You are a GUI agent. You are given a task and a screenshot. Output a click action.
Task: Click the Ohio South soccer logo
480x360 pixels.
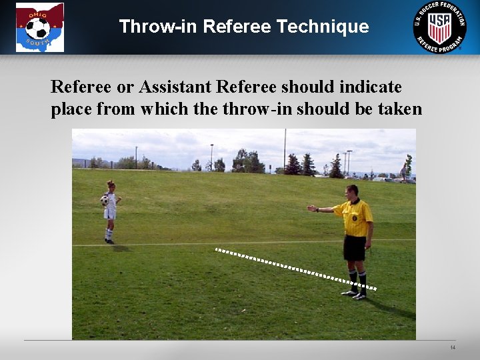tap(40, 27)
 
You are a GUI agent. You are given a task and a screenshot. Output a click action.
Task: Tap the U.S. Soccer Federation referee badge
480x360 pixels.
tap(439, 26)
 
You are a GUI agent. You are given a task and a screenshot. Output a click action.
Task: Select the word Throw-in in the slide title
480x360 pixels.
tap(158, 27)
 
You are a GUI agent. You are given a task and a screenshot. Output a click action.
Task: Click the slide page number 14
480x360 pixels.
tap(453, 348)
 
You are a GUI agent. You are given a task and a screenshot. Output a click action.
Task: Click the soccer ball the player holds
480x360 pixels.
tap(104, 199)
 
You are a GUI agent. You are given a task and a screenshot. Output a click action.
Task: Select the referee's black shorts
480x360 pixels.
tap(354, 248)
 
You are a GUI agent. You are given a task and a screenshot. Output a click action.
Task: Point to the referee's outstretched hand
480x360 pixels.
tap(311, 209)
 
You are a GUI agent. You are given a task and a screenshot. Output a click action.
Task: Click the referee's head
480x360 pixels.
tap(351, 191)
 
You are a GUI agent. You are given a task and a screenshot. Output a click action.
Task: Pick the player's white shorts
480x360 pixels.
tap(110, 214)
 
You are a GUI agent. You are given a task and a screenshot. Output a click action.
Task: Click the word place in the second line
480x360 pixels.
tap(71, 109)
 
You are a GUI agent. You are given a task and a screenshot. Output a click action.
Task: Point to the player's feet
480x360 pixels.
tap(109, 241)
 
